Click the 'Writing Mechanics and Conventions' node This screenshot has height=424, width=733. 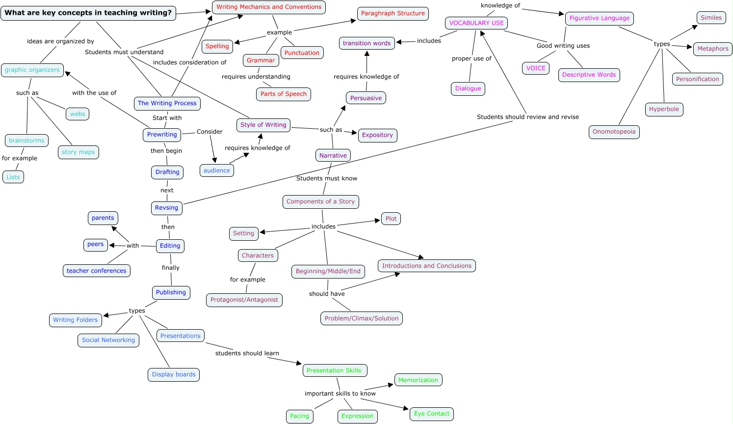pos(269,7)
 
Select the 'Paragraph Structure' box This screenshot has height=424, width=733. pos(393,14)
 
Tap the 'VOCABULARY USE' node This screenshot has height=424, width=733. pos(476,23)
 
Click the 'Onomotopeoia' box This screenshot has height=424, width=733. pos(614,132)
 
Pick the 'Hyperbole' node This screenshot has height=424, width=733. pos(664,110)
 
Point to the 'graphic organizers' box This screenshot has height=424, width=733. pos(32,70)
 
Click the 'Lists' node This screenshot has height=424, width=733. pos(13,177)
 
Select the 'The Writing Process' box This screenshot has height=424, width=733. pos(167,104)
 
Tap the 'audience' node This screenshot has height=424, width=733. pos(216,171)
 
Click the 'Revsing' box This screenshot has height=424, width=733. pos(166,208)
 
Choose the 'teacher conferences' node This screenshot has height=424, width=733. pos(97,271)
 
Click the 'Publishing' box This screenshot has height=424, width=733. pos(171,293)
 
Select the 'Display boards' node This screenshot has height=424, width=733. pos(174,375)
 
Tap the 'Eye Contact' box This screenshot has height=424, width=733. pos(431,414)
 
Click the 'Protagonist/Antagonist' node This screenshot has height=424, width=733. pos(244,300)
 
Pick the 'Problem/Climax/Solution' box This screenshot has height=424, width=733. pos(361,318)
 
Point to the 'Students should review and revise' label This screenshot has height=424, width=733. pos(527,117)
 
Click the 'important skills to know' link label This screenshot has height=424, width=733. pos(340,394)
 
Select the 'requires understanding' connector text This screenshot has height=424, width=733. pos(256,77)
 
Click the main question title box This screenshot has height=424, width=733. pos(88,13)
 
